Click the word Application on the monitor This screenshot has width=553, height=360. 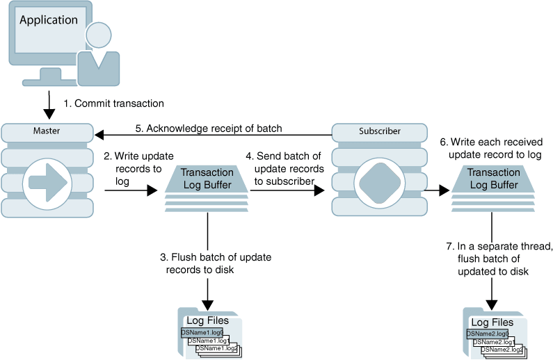point(49,20)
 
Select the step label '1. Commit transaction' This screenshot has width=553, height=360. point(113,104)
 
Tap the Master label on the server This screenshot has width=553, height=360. point(47,131)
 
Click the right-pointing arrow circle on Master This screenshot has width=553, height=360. point(47,183)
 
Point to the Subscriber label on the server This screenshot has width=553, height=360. point(379,131)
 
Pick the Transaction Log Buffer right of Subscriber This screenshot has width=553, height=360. point(493,179)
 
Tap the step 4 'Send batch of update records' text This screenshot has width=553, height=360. point(287,168)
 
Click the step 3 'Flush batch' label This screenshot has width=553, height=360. point(216,263)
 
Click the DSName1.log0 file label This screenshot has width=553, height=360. point(202,333)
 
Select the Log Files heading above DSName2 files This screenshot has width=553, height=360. point(492,322)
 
